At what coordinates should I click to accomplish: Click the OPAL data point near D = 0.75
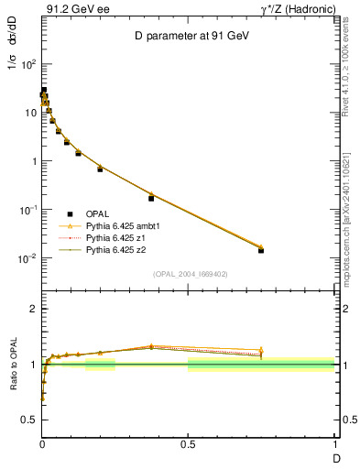(x=261, y=250)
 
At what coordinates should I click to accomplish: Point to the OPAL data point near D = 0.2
(x=100, y=169)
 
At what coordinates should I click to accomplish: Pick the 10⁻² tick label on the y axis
(x=27, y=258)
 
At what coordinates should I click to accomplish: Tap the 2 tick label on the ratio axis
(x=33, y=309)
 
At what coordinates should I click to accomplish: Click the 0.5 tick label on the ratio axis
(x=29, y=420)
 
